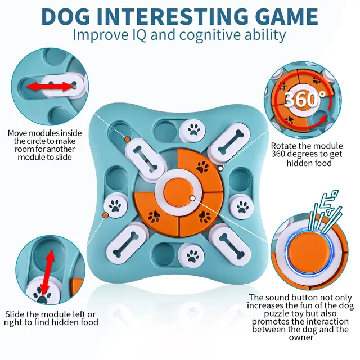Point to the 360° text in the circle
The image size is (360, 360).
(x=304, y=100)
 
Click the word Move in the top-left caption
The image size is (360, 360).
(x=18, y=133)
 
